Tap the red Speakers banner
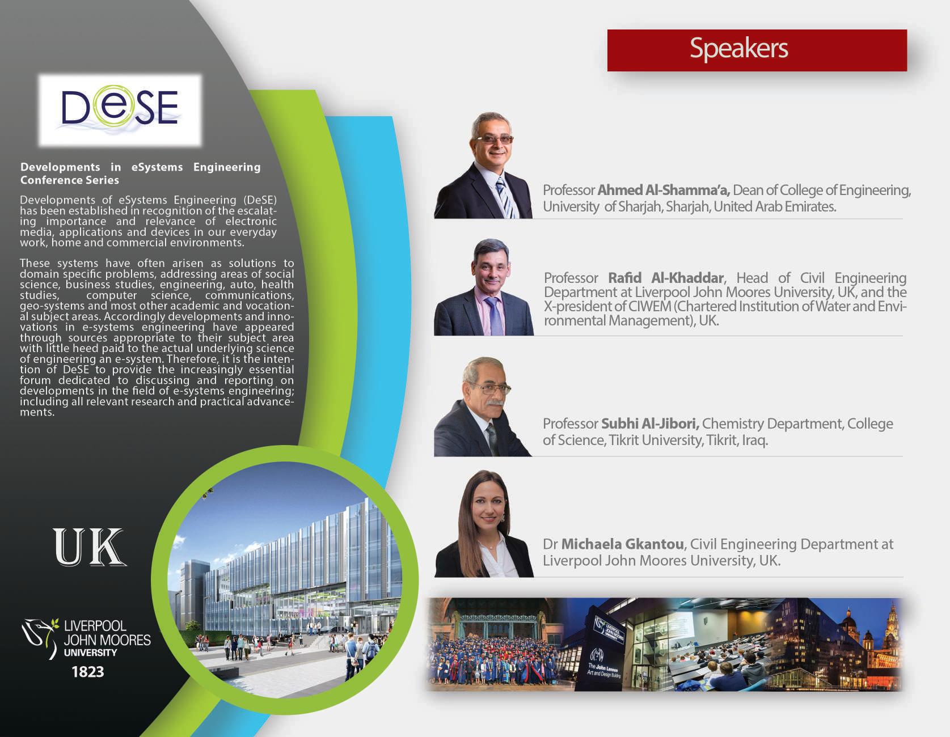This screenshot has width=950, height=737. pos(757,50)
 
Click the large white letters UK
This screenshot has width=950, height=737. pos(90,547)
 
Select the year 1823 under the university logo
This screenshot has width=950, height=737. pos(88,672)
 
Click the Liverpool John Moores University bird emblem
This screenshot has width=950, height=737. pos(40,637)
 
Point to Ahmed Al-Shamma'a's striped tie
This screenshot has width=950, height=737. pos(505,196)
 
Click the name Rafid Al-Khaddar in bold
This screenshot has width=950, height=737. pos(666,278)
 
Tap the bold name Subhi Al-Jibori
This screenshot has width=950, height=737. pos(650,423)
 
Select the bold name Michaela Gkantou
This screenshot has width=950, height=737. pos(623,544)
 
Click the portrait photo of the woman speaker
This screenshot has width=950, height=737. pos(484,524)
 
